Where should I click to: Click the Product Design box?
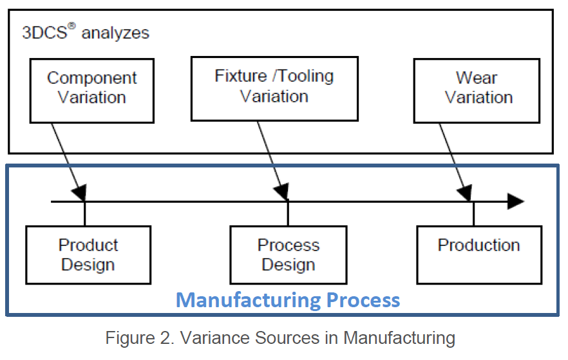[x=88, y=255]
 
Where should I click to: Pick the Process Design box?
[x=288, y=255]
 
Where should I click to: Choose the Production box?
[x=478, y=254]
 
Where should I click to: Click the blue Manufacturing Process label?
[x=288, y=300]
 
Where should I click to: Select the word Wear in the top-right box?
[x=477, y=79]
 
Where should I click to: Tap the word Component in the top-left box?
[x=92, y=79]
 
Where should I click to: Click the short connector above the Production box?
[x=473, y=214]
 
